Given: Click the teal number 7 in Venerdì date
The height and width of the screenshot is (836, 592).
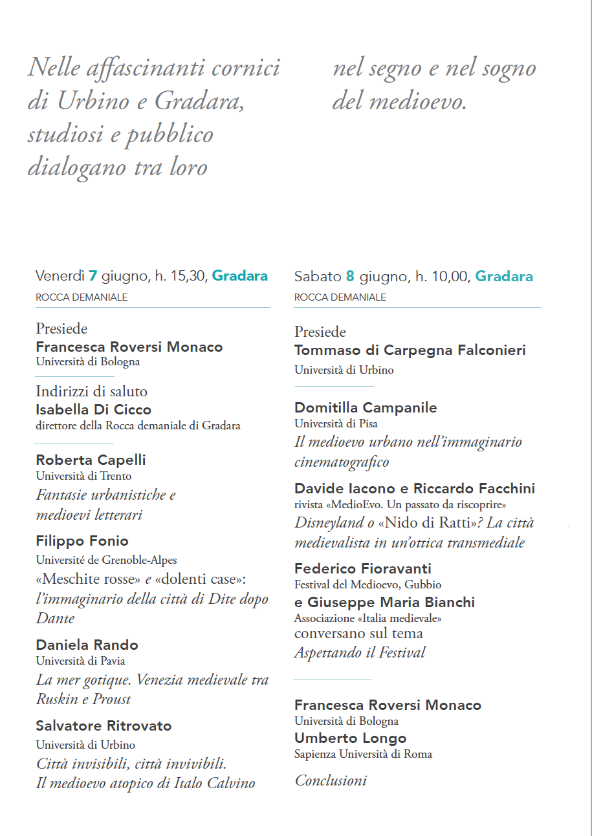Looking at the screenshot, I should coord(93,276).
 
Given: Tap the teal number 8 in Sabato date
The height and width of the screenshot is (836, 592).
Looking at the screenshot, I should coord(350,277).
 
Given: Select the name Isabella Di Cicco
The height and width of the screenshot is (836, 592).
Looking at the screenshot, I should coord(93,409).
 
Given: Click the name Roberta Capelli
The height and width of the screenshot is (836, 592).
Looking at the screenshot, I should coord(91,460).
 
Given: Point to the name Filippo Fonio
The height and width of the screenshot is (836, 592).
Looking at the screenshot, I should coord(82,541).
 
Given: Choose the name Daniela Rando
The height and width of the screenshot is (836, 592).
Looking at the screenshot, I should coord(87,645).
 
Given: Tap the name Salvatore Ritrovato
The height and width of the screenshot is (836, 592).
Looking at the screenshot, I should coord(104,725).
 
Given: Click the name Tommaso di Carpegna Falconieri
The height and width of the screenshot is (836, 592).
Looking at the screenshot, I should coord(410,350).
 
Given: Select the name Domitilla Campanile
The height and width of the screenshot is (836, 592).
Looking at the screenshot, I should coord(366,407).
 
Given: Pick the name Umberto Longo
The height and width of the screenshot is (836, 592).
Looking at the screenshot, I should coord(350,738).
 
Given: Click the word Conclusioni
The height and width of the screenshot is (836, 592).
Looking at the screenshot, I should coord(331,780).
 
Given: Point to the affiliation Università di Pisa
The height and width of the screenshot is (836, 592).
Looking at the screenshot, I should coord(336,423).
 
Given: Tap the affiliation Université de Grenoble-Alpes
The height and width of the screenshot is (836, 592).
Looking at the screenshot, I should coord(106,560).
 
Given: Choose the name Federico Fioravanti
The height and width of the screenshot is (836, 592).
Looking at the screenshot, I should coord(362,568).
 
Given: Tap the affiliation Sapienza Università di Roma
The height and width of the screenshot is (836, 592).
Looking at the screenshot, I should coord(363,754).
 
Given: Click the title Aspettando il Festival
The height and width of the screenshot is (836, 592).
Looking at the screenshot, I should coord(360,652).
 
